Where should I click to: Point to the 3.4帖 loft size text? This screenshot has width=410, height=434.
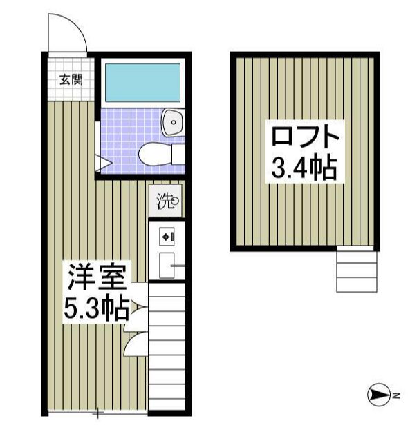[x=304, y=168]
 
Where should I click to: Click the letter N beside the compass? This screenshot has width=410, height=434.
[x=396, y=395]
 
